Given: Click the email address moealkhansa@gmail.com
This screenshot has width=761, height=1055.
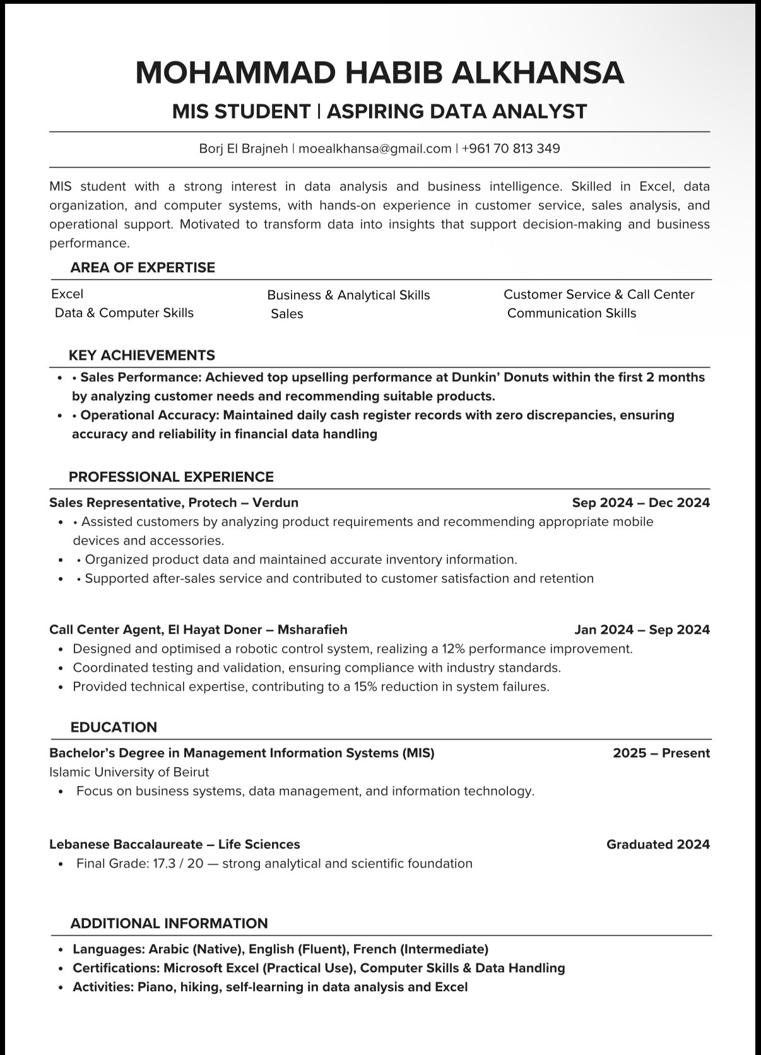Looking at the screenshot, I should point(375,148).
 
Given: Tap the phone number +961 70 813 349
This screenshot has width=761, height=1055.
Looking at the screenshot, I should point(510,148).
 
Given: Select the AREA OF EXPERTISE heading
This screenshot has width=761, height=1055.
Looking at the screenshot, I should point(143,268).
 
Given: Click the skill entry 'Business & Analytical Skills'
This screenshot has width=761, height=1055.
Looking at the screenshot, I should point(348,295).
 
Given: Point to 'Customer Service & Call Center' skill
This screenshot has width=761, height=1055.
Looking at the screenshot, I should point(599,294).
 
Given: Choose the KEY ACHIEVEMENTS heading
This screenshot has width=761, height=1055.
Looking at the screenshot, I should point(142,355).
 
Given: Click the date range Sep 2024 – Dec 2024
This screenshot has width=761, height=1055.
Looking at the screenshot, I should point(640,503).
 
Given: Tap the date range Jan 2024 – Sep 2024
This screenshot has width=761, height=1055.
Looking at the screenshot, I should point(642,629).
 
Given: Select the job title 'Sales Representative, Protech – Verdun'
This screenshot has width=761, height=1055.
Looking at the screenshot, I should point(174,503).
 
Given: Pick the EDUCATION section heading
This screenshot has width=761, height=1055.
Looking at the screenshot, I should point(114,727).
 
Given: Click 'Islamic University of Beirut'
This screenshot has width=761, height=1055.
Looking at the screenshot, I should point(129,772).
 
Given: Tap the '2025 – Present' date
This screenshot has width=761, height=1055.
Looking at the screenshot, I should point(661,753).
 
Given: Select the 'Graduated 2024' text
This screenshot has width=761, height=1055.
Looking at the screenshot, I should point(658,844).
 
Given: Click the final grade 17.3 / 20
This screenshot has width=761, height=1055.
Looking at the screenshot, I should point(178,863).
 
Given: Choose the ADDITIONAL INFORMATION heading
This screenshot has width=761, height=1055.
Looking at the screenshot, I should point(169,923).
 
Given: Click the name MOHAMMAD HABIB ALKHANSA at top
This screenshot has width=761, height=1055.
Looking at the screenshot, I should point(380,73).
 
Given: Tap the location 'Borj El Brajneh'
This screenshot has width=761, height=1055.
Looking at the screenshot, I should point(243,148).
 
